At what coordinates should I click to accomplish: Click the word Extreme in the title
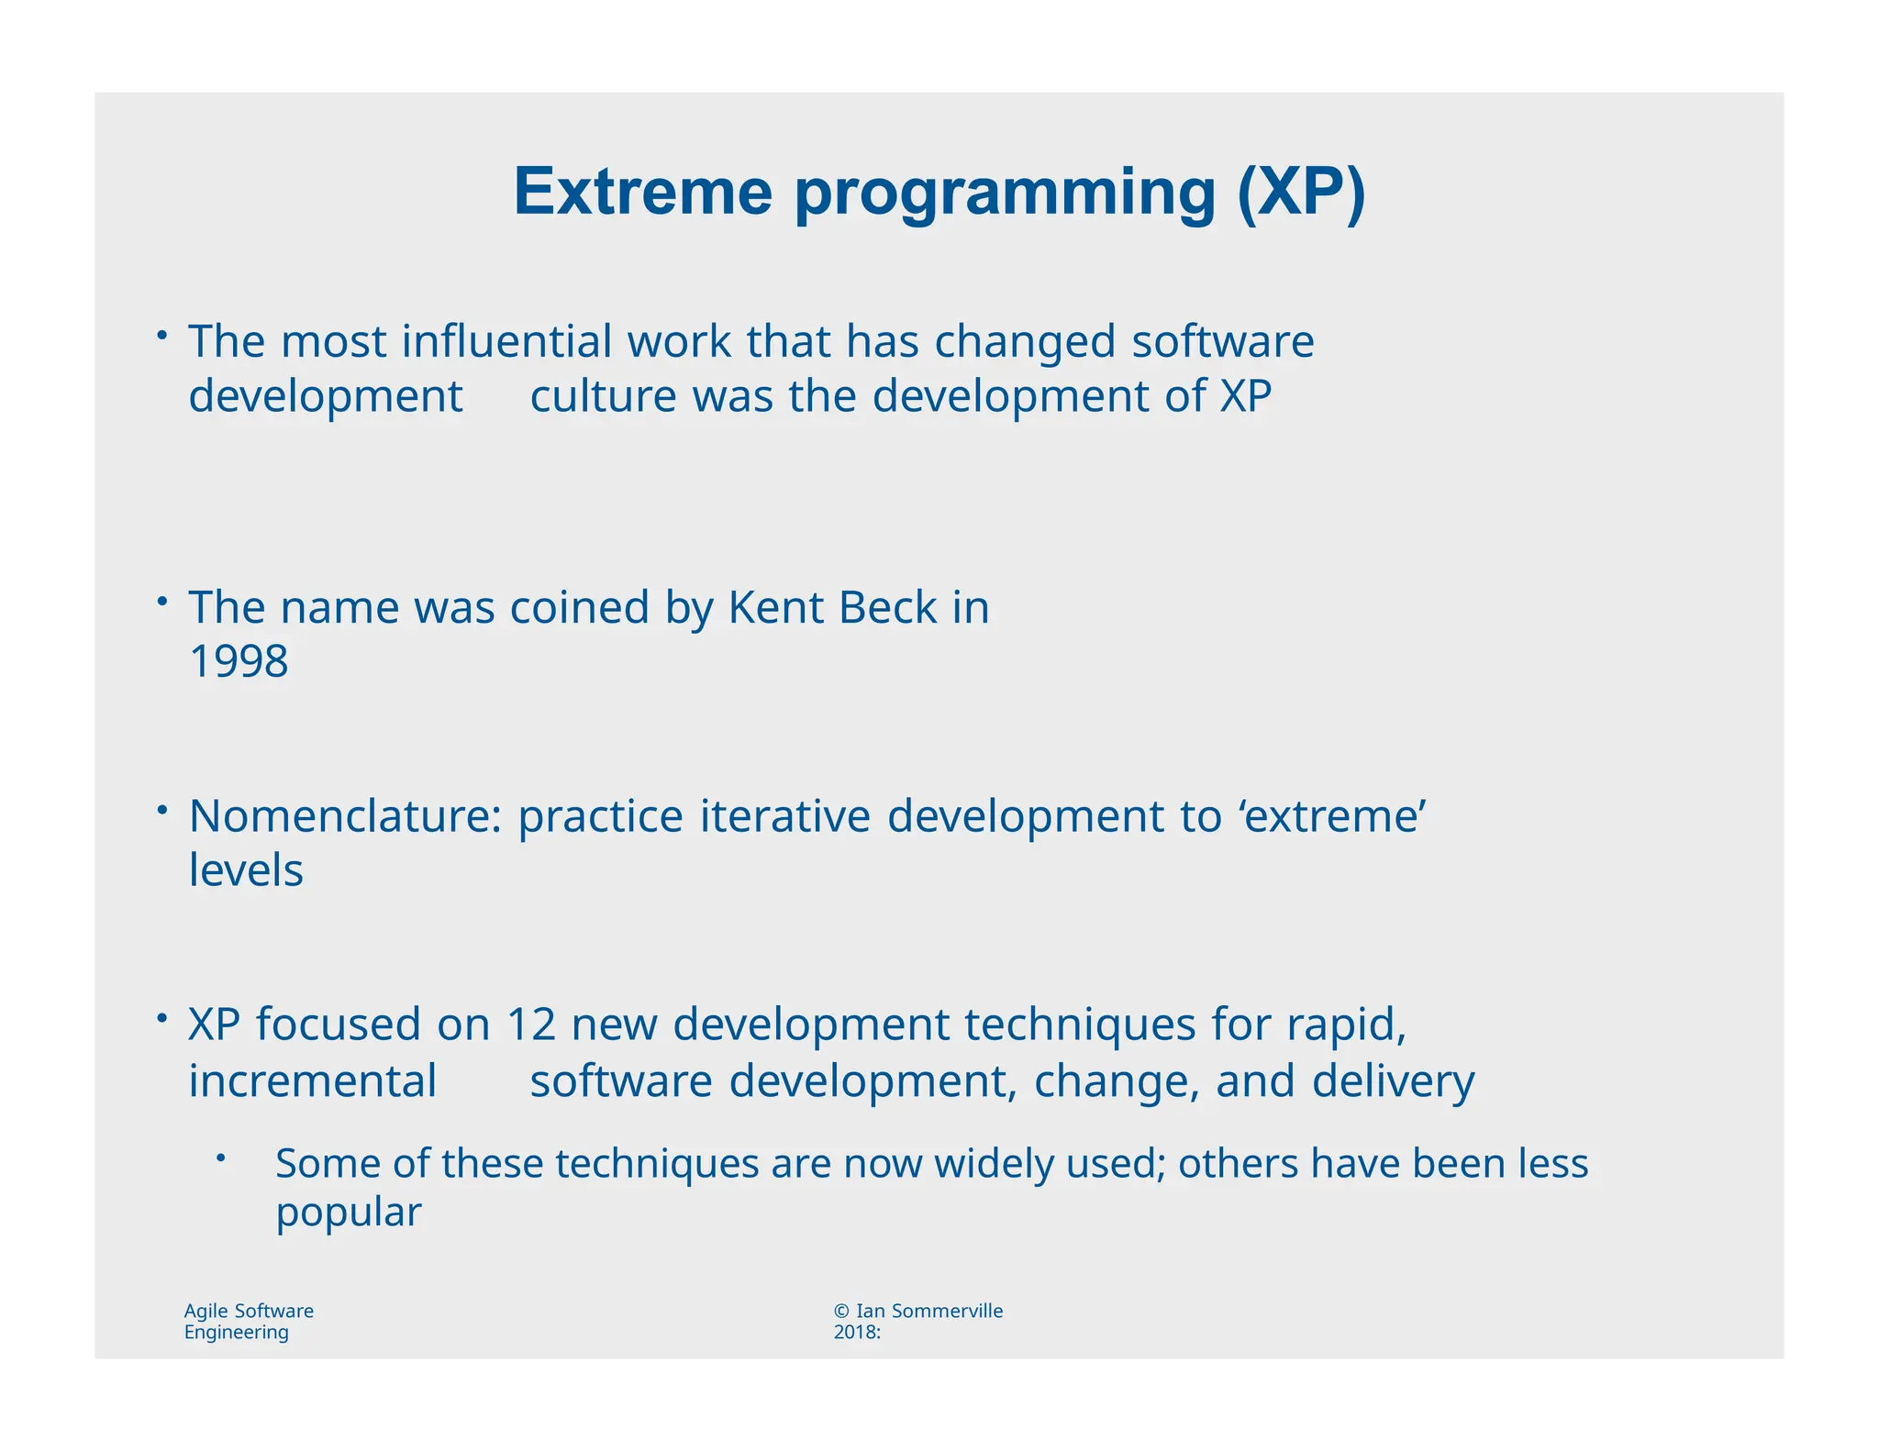pyautogui.click(x=642, y=192)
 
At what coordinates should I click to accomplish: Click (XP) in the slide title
pyautogui.click(x=1301, y=194)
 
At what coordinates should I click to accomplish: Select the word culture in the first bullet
pyautogui.click(x=603, y=396)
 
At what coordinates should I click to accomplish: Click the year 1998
pyautogui.click(x=239, y=661)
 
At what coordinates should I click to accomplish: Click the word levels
pyautogui.click(x=246, y=870)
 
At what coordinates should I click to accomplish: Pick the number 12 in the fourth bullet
pyautogui.click(x=531, y=1024)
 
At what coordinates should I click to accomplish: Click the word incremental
pyautogui.click(x=312, y=1080)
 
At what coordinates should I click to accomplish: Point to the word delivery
pyautogui.click(x=1393, y=1080)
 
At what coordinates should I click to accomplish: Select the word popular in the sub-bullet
pyautogui.click(x=349, y=1213)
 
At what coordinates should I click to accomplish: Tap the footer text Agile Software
pyautogui.click(x=249, y=1311)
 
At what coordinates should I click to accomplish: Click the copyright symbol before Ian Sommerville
pyautogui.click(x=841, y=1311)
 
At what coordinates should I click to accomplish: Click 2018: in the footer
pyautogui.click(x=857, y=1333)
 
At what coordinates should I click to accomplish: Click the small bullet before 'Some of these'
pyautogui.click(x=220, y=1158)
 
